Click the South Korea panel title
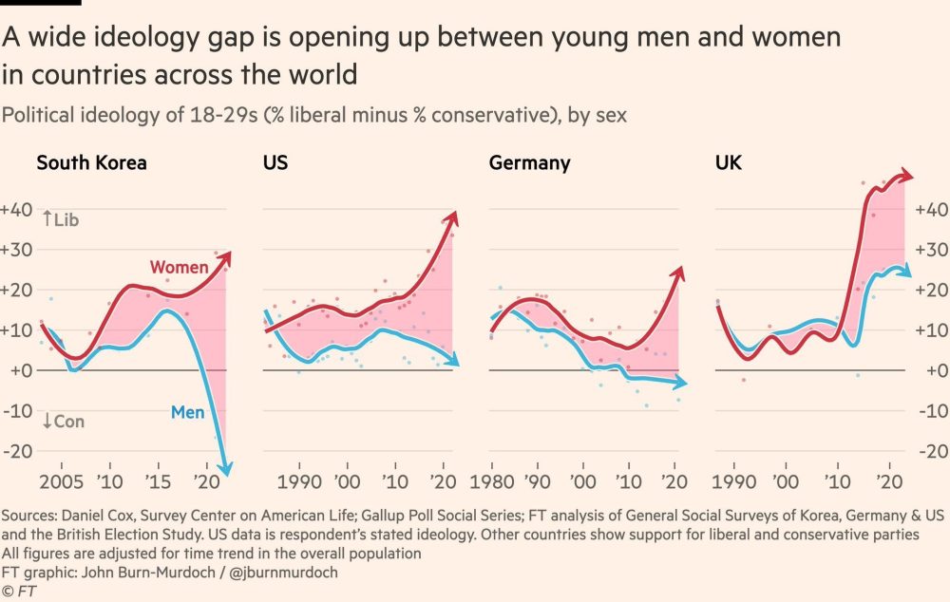click(x=91, y=162)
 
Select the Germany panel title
click(x=529, y=162)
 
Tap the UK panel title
click(x=728, y=162)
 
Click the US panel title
click(x=275, y=162)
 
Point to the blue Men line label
click(x=188, y=412)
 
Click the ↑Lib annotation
click(x=60, y=220)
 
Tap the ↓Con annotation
click(x=63, y=421)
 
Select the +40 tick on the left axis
click(x=17, y=210)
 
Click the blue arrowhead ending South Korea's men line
click(x=225, y=466)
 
